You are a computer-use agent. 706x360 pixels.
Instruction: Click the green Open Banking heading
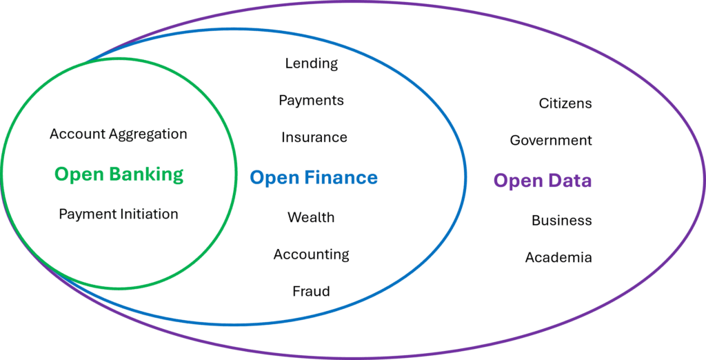tap(119, 174)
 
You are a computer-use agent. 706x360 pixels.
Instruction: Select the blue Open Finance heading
tap(313, 178)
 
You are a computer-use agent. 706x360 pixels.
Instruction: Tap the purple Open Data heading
tap(542, 181)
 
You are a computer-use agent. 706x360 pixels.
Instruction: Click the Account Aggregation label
tap(119, 134)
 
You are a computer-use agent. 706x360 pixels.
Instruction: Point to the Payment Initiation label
tap(119, 214)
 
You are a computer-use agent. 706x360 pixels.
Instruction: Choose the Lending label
tap(312, 63)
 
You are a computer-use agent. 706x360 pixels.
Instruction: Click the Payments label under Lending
tap(311, 101)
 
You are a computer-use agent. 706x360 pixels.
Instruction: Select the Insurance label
tap(314, 138)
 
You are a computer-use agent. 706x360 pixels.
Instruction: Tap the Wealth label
tap(311, 218)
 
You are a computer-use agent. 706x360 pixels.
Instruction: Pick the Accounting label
tap(311, 254)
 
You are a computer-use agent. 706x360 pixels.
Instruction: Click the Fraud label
tap(311, 291)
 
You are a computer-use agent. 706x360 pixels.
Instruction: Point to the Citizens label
tap(565, 103)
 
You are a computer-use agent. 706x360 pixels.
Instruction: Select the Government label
tap(551, 141)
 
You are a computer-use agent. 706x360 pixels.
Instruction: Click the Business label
tap(561, 221)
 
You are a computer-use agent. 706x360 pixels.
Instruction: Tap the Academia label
tap(558, 258)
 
